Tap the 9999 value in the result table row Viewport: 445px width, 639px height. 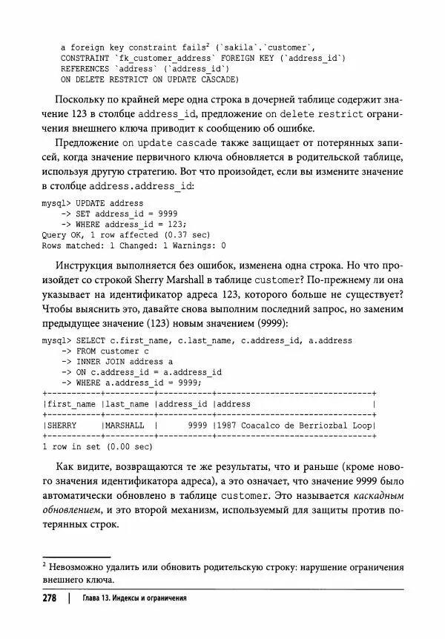197,426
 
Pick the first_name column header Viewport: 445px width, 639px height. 71,404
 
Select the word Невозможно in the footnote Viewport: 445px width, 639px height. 78,568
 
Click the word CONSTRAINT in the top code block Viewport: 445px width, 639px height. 85,57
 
